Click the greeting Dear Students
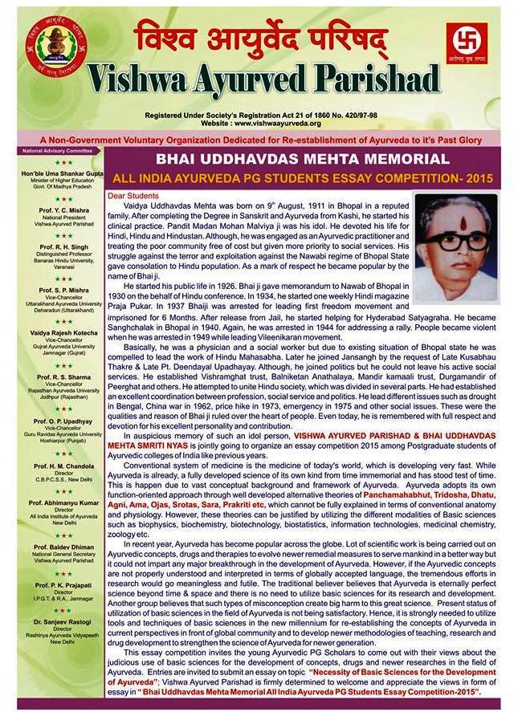pos(133,196)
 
